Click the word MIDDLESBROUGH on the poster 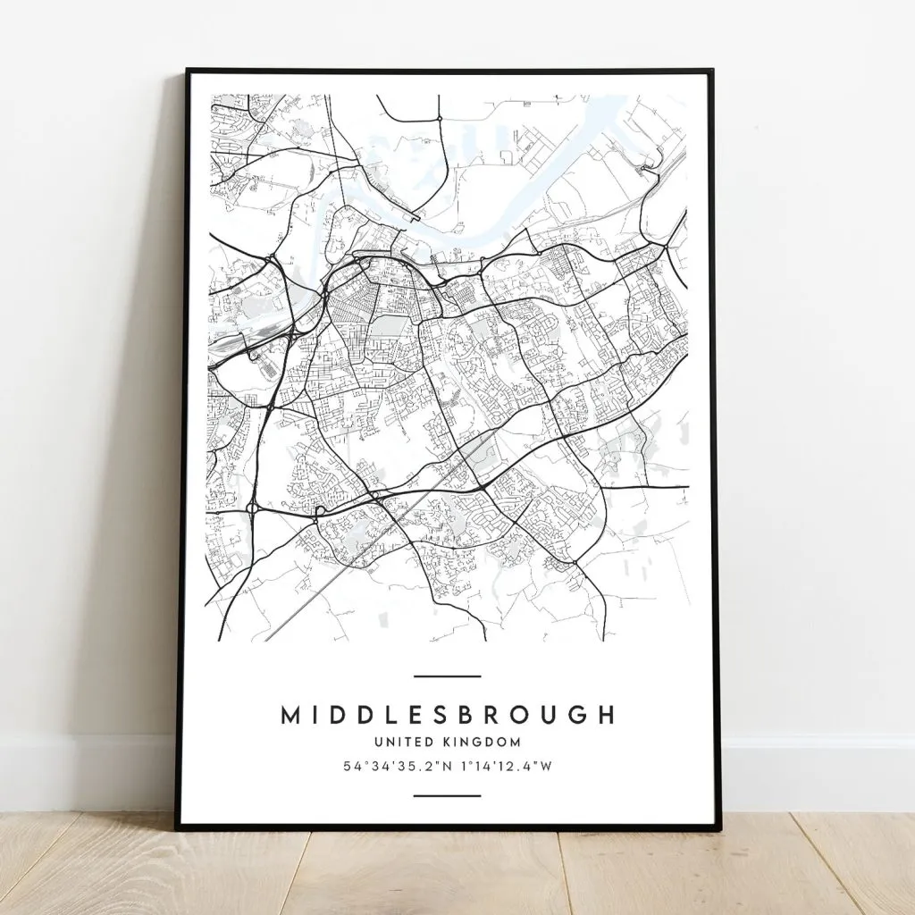pos(448,715)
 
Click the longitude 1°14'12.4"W pos(505,767)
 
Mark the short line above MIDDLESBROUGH pos(448,676)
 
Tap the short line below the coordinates pos(448,795)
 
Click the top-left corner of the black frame pos(188,70)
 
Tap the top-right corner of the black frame pos(713,70)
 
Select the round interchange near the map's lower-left pos(253,509)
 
